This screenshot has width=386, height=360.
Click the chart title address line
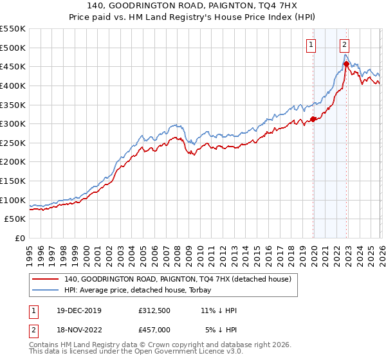click(193, 6)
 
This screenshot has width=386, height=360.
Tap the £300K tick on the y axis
click(13, 123)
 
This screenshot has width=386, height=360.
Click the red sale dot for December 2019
click(313, 119)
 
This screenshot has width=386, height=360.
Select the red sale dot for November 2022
click(346, 64)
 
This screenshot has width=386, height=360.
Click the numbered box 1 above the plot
click(311, 45)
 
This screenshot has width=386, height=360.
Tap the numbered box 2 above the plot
click(345, 45)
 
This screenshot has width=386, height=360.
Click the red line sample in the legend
click(46, 279)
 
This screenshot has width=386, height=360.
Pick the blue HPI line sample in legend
click(46, 290)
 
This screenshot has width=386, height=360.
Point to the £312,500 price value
click(155, 310)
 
